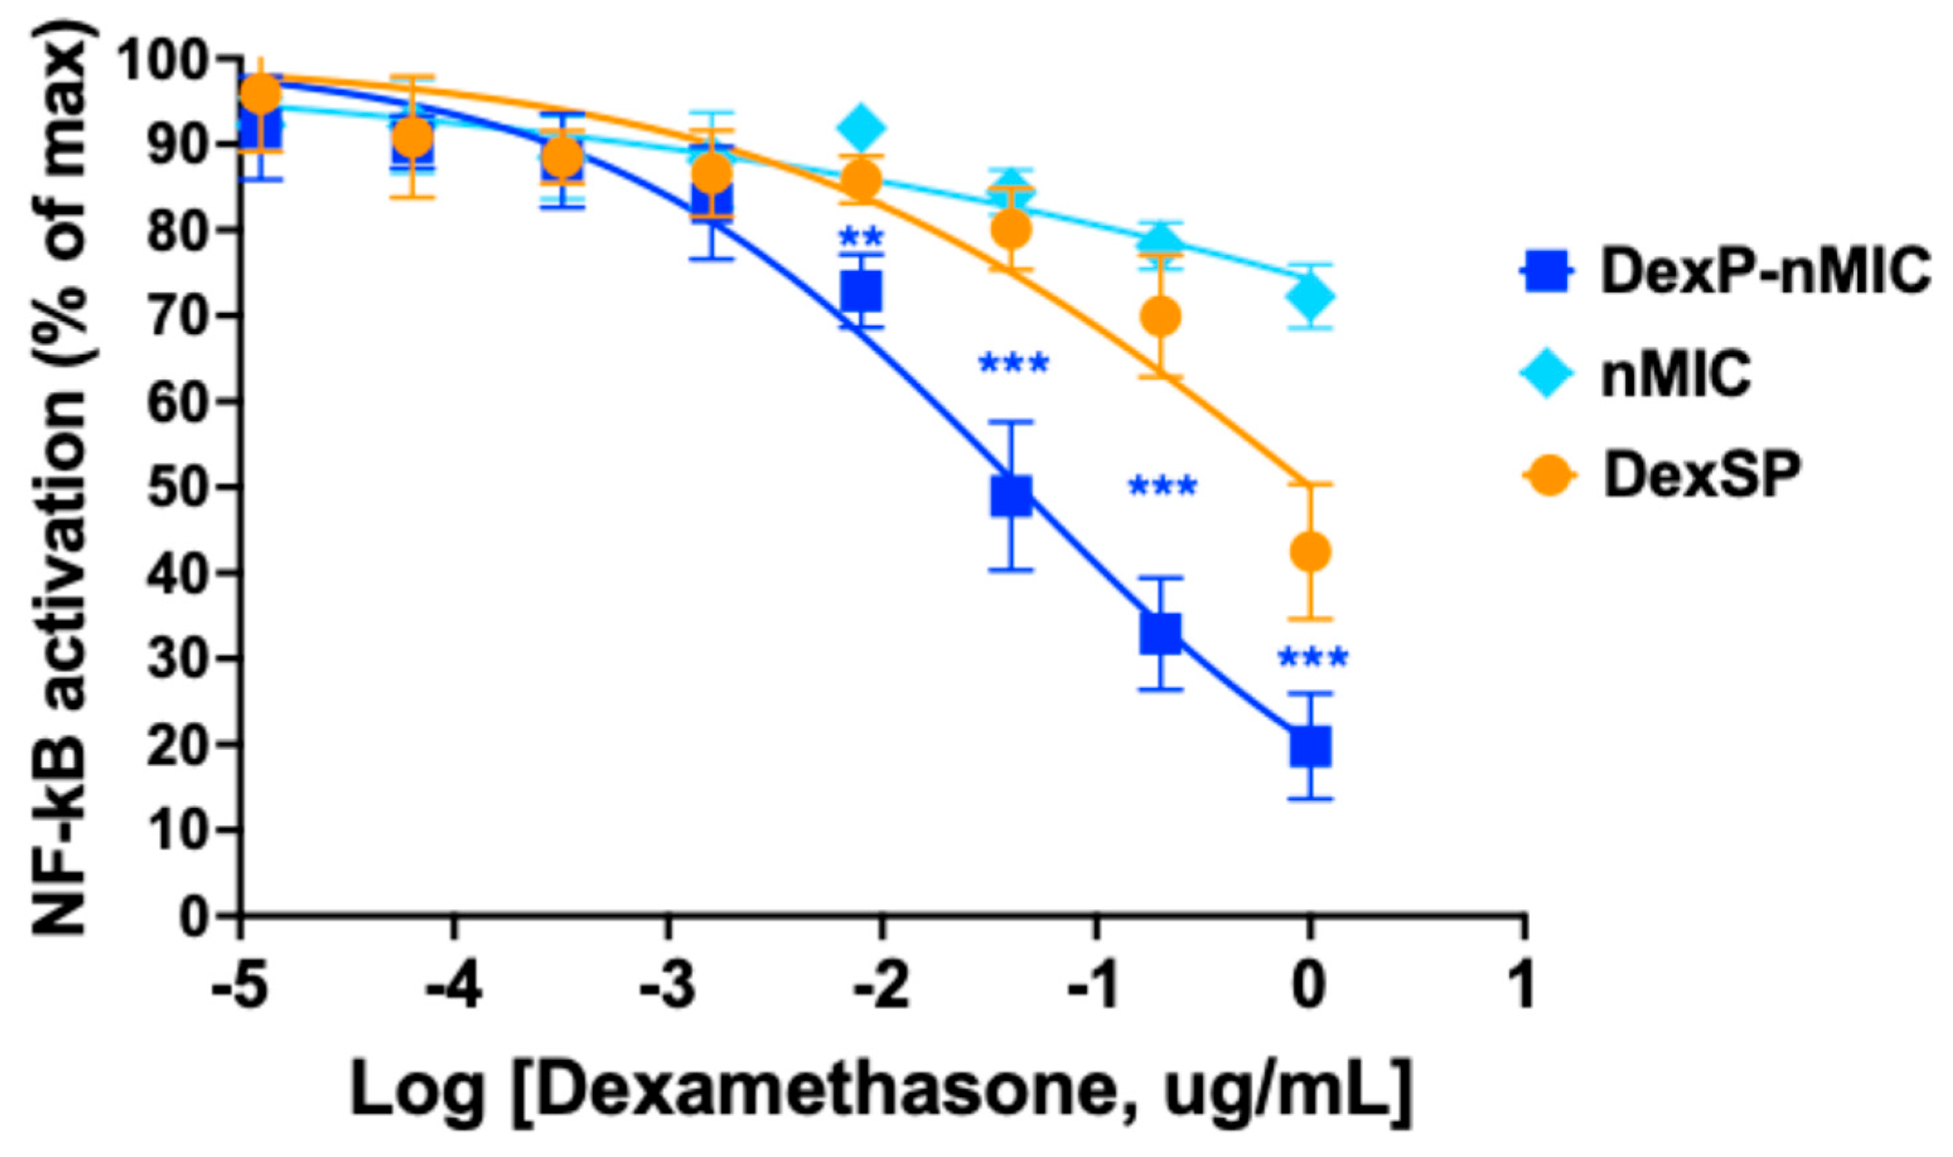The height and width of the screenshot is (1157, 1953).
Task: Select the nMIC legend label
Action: [x=1676, y=374]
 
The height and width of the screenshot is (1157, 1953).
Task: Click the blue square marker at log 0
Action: [x=1310, y=746]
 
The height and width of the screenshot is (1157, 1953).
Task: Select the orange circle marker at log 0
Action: [x=1310, y=552]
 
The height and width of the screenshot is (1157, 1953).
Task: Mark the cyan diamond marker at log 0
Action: [x=1310, y=296]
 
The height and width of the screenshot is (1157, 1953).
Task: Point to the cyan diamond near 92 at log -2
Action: [x=861, y=127]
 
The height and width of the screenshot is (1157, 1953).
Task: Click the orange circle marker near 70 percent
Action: [x=1160, y=316]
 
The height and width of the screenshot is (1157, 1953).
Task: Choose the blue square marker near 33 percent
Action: [x=1160, y=633]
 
